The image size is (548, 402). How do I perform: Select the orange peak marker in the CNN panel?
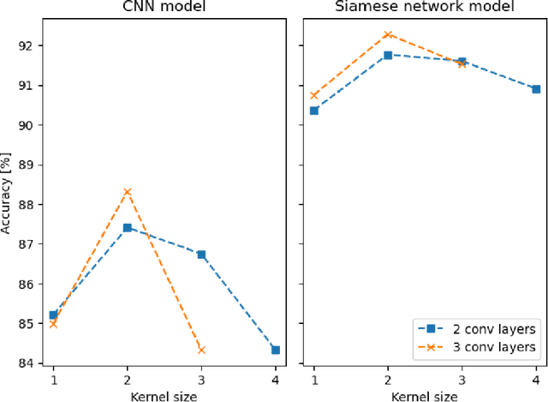(128, 191)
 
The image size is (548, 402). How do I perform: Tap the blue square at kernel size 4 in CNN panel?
(275, 350)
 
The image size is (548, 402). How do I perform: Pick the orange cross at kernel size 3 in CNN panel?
(201, 350)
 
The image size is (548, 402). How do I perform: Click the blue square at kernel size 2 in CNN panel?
(128, 227)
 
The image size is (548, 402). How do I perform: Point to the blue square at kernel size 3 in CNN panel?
(201, 254)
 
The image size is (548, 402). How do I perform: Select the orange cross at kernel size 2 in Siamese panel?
(388, 34)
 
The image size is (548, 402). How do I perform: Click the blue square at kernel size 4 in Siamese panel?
(536, 89)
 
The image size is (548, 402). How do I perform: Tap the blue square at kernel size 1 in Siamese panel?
(314, 111)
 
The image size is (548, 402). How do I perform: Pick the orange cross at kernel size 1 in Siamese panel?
(314, 95)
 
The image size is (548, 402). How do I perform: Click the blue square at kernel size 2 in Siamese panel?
(388, 55)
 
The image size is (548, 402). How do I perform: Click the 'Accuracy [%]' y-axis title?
(7, 192)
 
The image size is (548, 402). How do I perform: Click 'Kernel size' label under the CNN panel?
(164, 395)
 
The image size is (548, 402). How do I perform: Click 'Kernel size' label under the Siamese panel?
(425, 395)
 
